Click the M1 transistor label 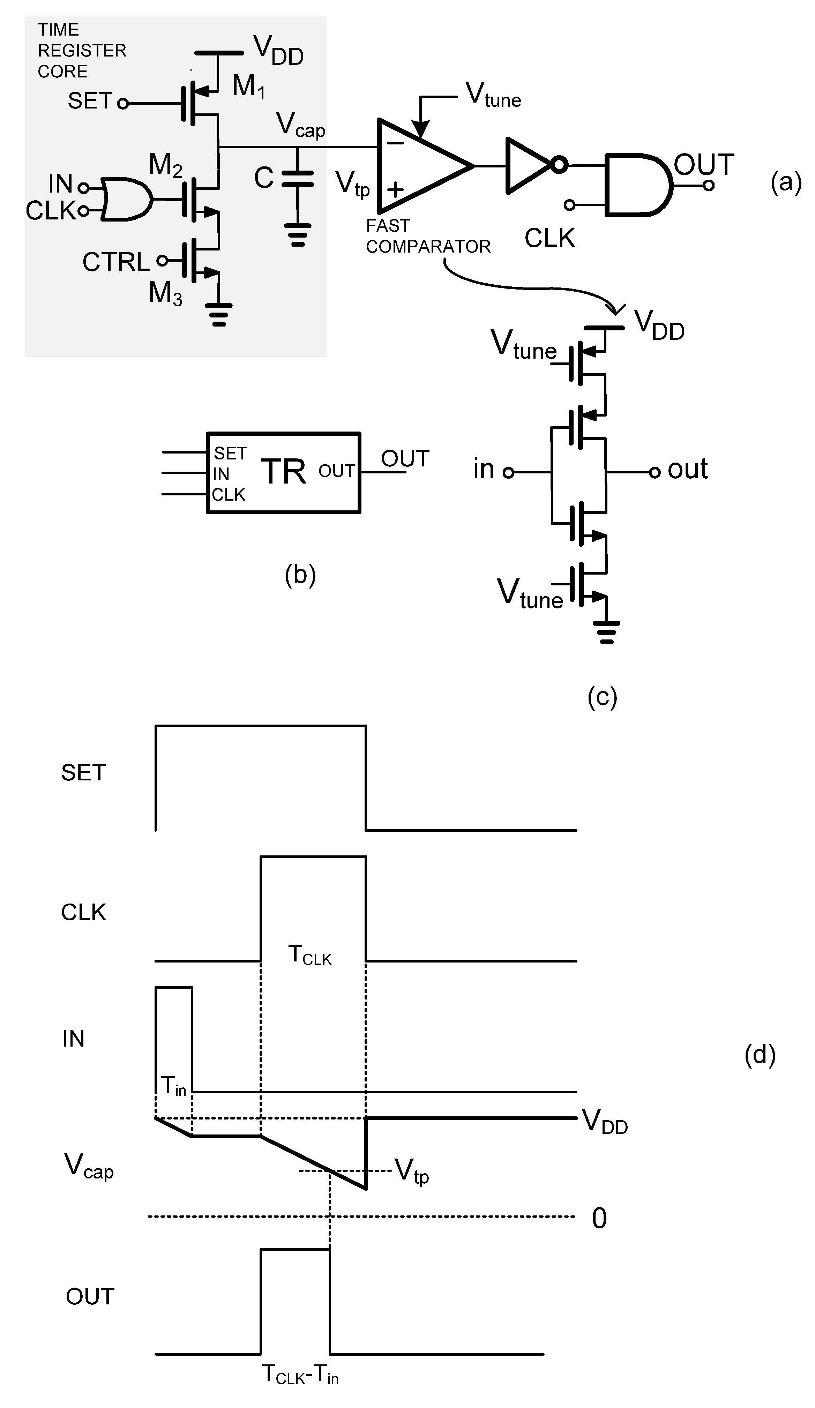[248, 87]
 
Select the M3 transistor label [165, 293]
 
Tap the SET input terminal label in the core [89, 101]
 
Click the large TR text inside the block [283, 472]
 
